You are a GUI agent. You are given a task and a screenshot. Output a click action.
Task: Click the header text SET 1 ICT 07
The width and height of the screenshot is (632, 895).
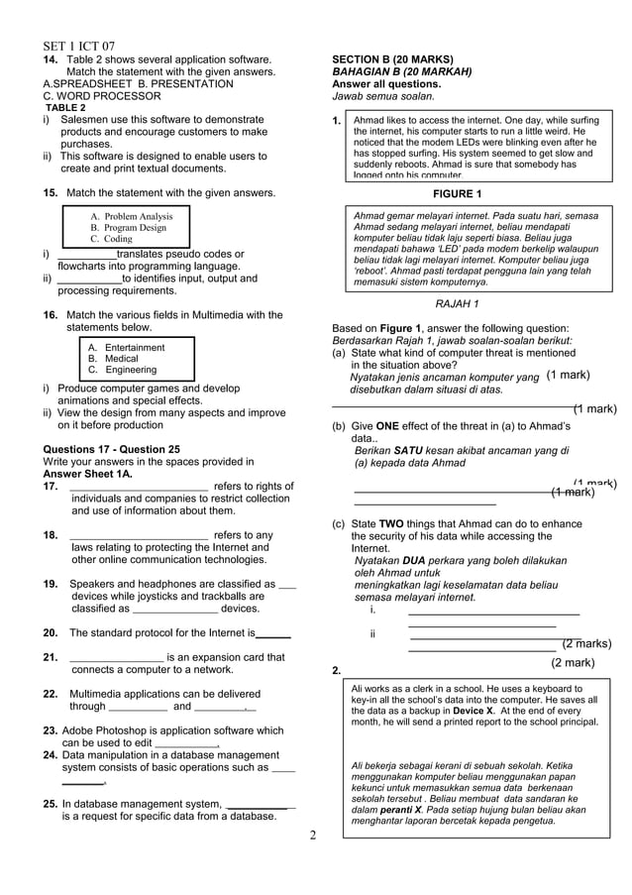[x=79, y=46]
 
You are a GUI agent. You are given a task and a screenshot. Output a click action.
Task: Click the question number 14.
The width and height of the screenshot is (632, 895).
[x=50, y=59]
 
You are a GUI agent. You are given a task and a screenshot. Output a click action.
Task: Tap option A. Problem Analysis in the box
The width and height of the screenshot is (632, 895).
[x=131, y=216]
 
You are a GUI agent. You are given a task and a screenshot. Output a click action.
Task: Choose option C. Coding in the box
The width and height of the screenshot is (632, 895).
[x=111, y=239]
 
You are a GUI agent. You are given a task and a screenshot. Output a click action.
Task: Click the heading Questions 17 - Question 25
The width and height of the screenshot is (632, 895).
[x=112, y=448]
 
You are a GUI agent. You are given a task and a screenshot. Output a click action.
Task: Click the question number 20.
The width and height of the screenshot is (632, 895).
[x=51, y=632]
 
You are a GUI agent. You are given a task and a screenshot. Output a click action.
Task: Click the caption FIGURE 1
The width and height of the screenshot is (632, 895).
[x=451, y=193]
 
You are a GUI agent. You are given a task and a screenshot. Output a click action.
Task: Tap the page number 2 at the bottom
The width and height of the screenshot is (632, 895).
[x=313, y=835]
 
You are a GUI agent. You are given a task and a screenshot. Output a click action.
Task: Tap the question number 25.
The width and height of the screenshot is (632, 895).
[x=50, y=804]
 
